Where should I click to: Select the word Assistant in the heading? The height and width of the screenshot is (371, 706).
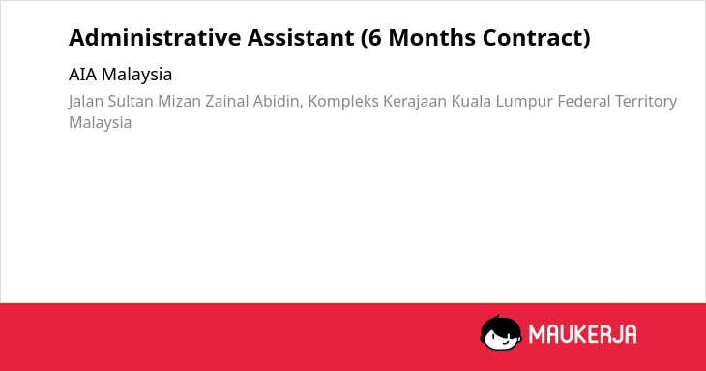(301, 37)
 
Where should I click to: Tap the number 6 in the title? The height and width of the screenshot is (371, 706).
(374, 38)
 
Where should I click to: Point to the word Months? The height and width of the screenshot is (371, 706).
(431, 37)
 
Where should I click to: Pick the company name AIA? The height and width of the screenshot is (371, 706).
(83, 75)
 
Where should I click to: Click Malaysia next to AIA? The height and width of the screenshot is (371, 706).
(137, 75)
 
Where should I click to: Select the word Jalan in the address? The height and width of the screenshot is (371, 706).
(86, 102)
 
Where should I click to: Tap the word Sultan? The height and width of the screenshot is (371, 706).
(131, 101)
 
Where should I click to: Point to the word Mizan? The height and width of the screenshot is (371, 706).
(179, 101)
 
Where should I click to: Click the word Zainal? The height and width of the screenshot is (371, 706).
(227, 101)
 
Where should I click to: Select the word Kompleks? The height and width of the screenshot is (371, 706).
(343, 102)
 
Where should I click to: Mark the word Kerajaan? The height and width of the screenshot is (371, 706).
(415, 102)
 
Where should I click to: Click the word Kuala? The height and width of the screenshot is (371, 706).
(471, 101)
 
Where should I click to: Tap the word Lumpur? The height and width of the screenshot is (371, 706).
(524, 102)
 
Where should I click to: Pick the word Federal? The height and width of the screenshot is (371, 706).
(584, 101)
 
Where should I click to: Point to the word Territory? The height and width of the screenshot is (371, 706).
(646, 102)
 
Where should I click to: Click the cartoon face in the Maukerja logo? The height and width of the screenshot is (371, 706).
(501, 332)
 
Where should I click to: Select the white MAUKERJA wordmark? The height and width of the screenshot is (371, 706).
(582, 334)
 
